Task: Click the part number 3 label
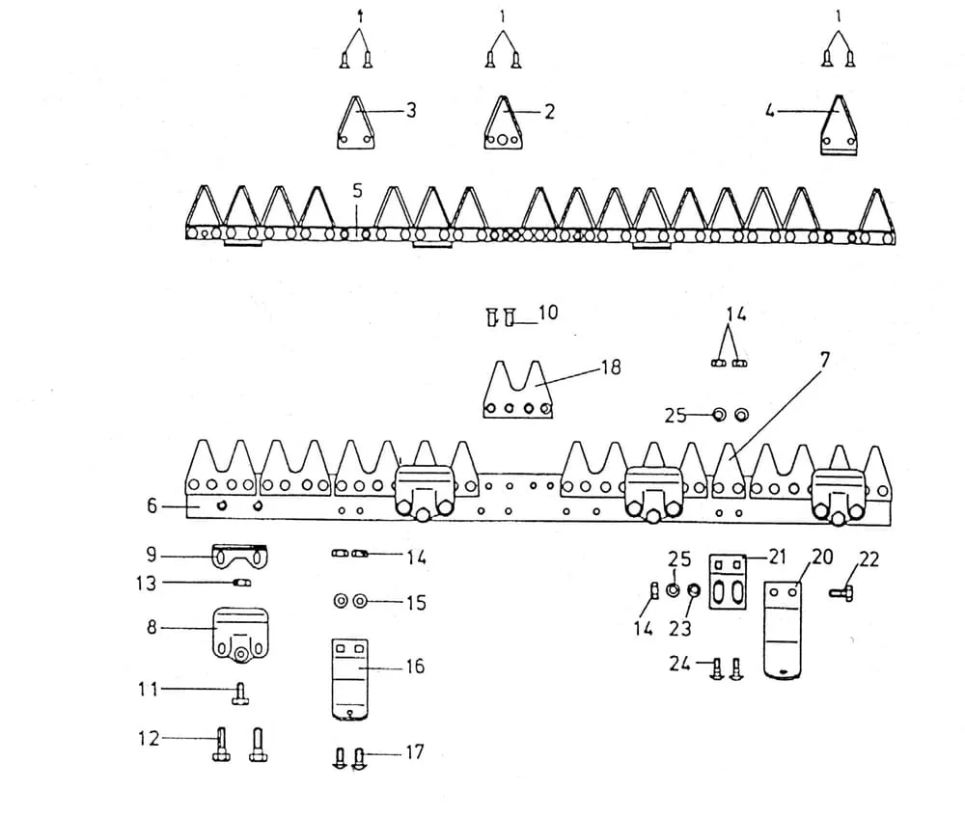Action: pos(411,111)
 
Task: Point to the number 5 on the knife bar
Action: pos(358,191)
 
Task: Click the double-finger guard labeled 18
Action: pos(517,391)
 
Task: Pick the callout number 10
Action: pos(548,313)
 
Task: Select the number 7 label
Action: pos(825,359)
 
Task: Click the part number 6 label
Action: pos(152,505)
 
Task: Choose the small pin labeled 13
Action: pos(241,583)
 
